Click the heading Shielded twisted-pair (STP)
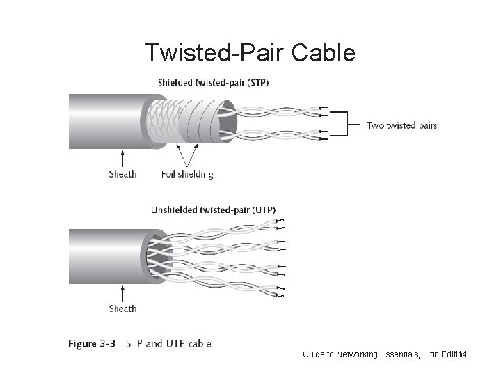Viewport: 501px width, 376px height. [214, 82]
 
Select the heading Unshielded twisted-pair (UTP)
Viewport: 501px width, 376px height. [213, 209]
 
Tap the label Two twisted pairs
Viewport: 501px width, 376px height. [402, 125]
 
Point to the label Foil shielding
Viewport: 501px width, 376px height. [187, 174]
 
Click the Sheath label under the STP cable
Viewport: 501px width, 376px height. [123, 174]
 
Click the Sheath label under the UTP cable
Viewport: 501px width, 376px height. [123, 308]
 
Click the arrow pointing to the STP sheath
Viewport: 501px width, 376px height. [123, 157]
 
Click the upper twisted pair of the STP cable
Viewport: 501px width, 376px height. [278, 110]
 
